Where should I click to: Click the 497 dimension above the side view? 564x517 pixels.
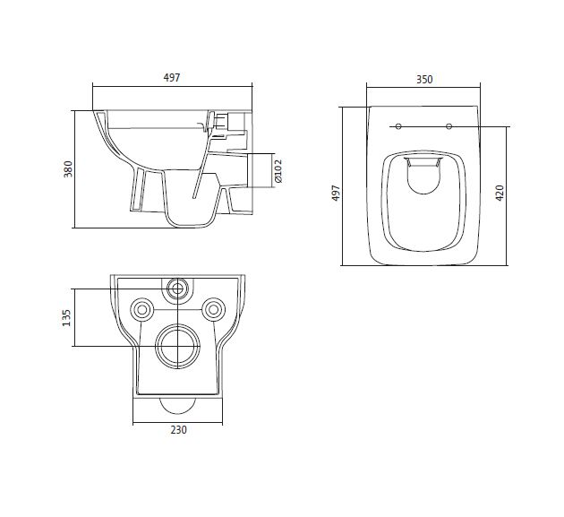(172, 78)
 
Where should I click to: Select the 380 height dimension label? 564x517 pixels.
(68, 168)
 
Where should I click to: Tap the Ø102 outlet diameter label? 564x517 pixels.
(278, 170)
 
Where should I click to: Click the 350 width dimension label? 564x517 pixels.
(424, 79)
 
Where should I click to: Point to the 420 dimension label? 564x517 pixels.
(500, 193)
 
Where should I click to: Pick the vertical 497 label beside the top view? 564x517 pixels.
(335, 193)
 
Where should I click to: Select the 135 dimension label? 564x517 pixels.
(67, 318)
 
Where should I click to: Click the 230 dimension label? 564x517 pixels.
(178, 430)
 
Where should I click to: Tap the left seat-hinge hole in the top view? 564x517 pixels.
(398, 126)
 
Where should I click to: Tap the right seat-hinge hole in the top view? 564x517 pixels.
(449, 126)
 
